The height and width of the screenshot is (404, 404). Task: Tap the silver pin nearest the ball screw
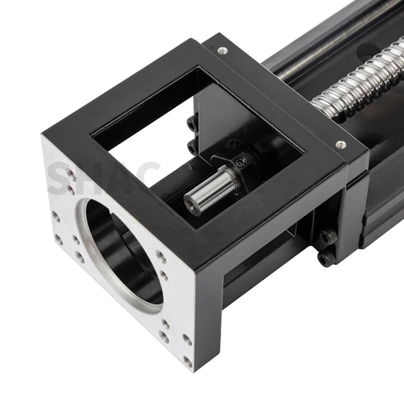tap(341, 144)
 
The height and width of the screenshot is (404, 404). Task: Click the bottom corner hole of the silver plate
tap(188, 362)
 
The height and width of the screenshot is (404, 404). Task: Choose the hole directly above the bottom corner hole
tap(187, 340)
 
